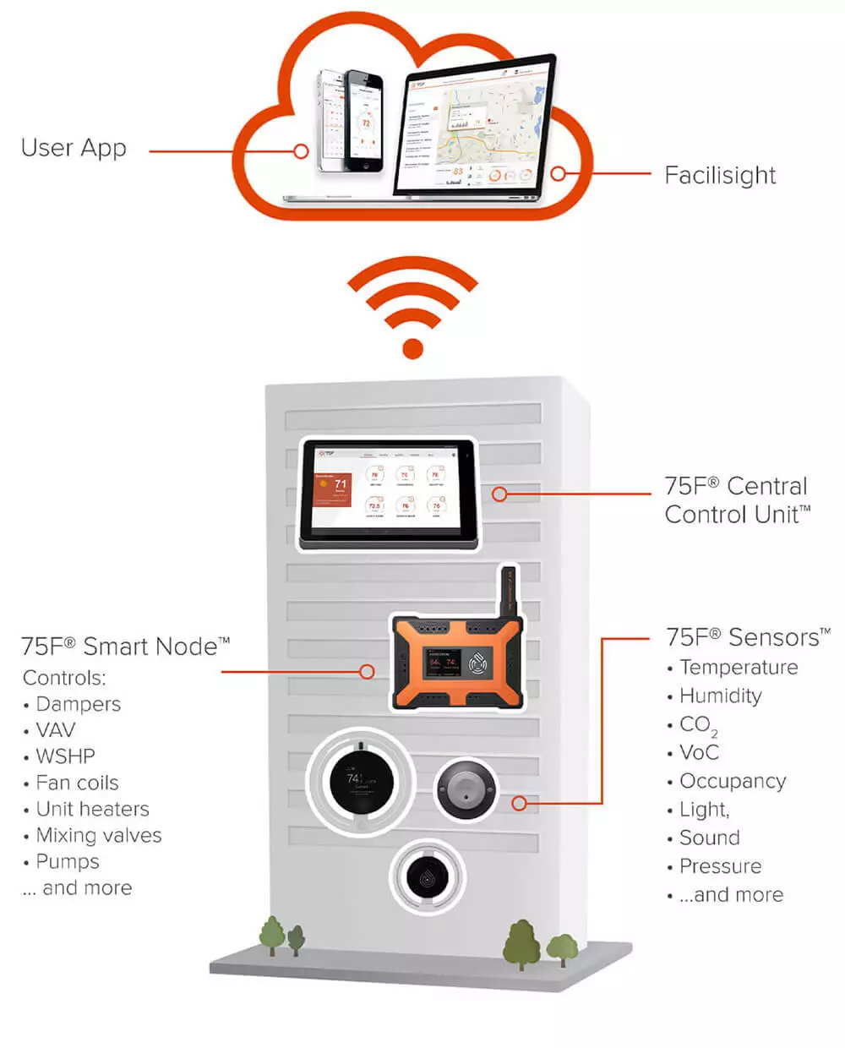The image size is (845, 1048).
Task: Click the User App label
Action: pos(74,148)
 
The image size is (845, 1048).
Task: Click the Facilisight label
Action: pos(720,175)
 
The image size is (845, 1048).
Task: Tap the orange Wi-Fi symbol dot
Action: pos(412,347)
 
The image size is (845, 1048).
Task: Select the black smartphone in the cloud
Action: pos(364,118)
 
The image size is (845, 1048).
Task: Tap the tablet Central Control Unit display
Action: pos(388,493)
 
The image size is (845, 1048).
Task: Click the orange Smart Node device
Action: pos(456,662)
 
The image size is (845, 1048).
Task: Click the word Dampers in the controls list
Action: pos(78,704)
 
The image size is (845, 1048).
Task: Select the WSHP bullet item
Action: pos(65,756)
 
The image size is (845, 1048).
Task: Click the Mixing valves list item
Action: pos(98,835)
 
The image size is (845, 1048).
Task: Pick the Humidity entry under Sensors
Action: pos(720,696)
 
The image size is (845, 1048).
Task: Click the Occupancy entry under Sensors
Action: pos(732,781)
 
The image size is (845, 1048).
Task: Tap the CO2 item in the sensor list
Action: pos(698,725)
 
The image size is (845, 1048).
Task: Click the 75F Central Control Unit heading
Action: pos(736,499)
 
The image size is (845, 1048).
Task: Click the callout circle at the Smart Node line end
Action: pos(367,672)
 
